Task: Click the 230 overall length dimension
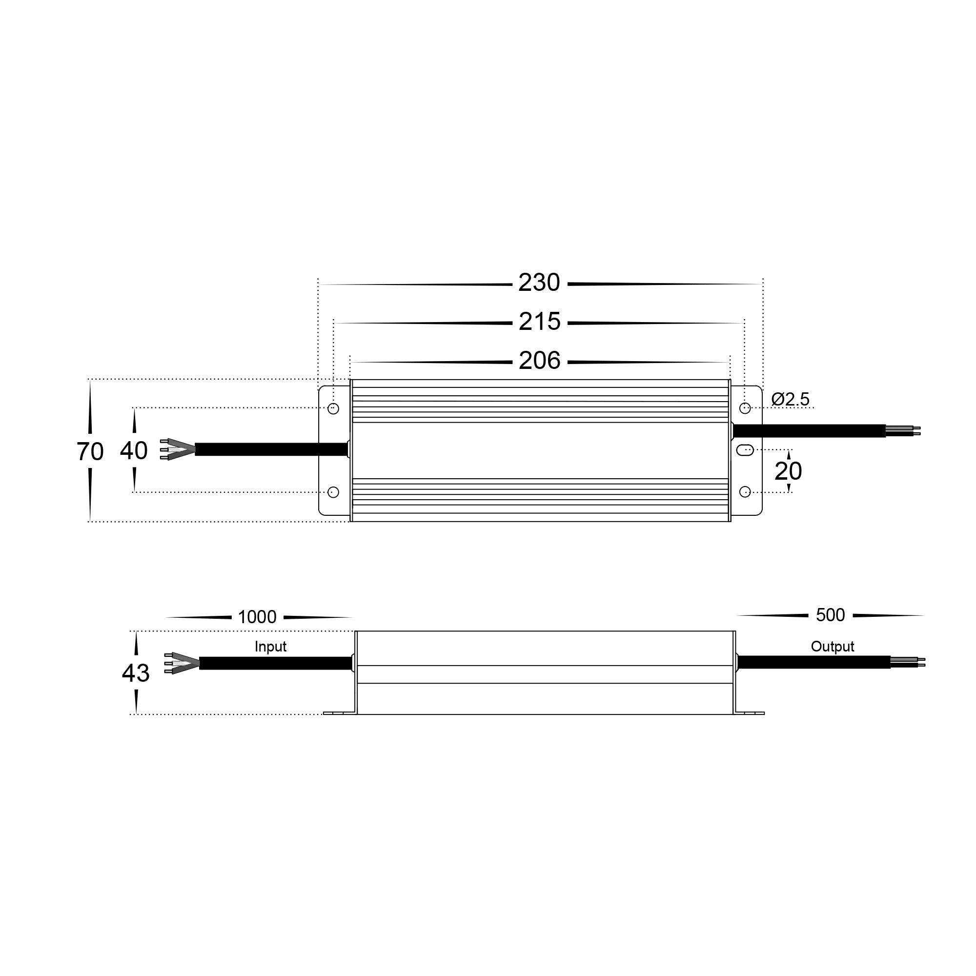point(539,283)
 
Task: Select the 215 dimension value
point(539,322)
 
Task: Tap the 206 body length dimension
point(539,361)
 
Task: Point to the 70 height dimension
point(90,451)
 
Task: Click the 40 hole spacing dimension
point(134,450)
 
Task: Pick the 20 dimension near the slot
point(788,471)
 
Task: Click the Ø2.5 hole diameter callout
point(790,400)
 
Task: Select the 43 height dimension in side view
point(135,673)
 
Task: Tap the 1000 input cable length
point(257,617)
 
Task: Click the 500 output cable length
point(830,615)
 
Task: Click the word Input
point(270,647)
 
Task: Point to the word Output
point(832,647)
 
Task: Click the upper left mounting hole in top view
point(333,408)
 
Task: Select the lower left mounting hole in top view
point(333,492)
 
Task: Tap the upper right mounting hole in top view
point(745,408)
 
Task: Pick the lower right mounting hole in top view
point(745,492)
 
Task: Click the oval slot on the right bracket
point(745,449)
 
